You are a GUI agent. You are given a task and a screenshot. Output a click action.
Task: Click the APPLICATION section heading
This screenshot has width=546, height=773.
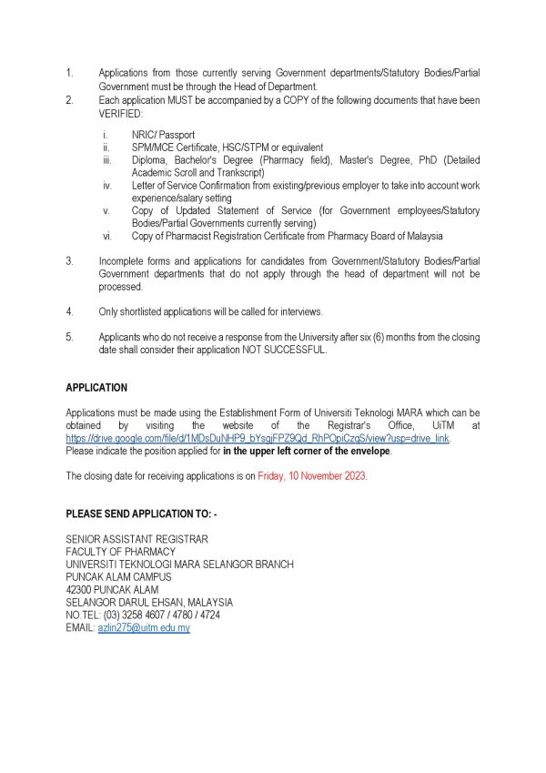tap(96, 387)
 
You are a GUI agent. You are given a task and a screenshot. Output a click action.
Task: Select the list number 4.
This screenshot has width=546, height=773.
tap(69, 311)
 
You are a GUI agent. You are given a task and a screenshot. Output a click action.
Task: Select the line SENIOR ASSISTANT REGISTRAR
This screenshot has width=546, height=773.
tap(136, 539)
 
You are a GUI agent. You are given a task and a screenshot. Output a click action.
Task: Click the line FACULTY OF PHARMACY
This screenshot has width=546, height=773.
tap(121, 552)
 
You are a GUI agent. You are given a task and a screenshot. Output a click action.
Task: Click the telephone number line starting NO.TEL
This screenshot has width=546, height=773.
tap(143, 615)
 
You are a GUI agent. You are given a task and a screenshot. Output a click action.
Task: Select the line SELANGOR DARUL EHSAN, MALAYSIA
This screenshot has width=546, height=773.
tap(149, 603)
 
